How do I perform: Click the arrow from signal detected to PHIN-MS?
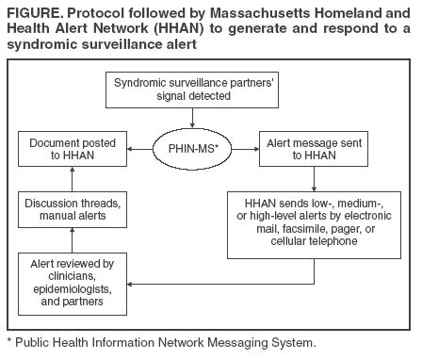[x=192, y=118]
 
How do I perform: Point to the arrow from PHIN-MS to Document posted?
[x=139, y=149]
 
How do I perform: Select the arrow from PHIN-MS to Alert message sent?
[x=245, y=149]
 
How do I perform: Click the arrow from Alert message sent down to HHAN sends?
[x=314, y=179]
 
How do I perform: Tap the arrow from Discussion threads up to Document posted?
[x=73, y=179]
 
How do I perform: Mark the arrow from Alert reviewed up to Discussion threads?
[x=73, y=240]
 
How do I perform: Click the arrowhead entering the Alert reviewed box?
[x=129, y=284]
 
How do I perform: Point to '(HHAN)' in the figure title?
[x=178, y=28]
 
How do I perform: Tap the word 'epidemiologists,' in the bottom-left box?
[x=73, y=288]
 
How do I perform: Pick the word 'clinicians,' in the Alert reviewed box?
[x=73, y=276]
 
